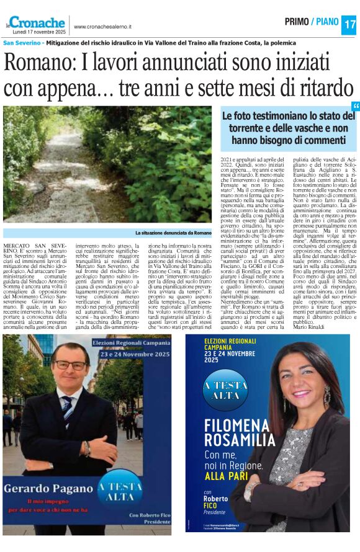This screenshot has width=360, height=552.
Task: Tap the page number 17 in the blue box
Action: click(349, 25)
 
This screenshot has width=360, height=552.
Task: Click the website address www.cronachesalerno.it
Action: click(102, 27)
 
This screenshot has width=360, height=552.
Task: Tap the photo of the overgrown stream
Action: click(107, 164)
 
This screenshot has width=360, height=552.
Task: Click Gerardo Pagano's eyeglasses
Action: click(70, 365)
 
